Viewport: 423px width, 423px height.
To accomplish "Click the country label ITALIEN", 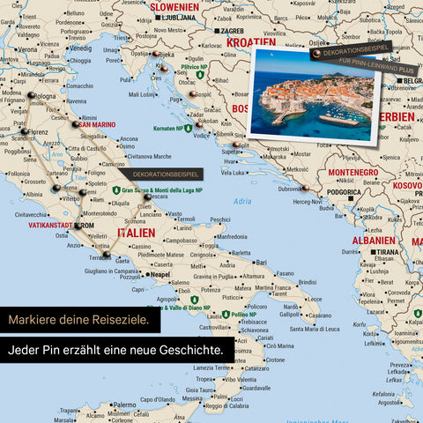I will click(135, 233).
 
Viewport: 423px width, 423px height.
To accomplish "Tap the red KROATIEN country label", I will click(250, 41).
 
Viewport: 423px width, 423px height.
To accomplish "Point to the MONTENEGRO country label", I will click(352, 172).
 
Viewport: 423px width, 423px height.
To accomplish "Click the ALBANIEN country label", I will click(373, 240).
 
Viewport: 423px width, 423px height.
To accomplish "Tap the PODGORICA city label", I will click(345, 192).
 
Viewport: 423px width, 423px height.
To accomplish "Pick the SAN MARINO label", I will click(97, 124).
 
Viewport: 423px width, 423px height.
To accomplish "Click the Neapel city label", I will click(160, 275).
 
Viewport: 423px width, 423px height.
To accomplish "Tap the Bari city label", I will click(260, 262).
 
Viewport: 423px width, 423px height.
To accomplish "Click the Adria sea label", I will click(241, 202).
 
